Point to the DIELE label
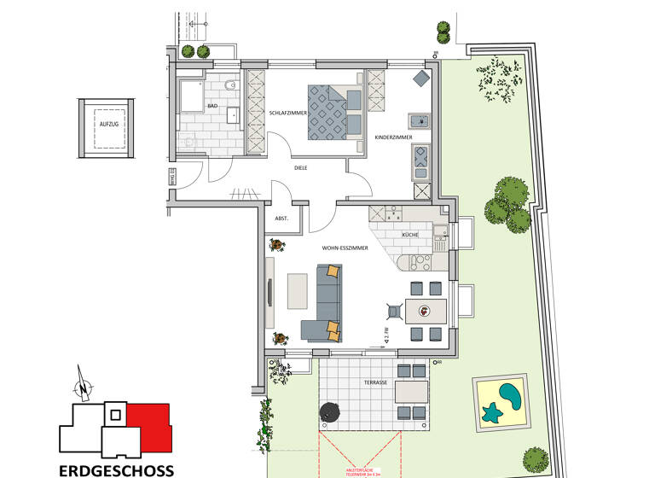click(300, 168)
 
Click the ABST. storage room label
click(281, 219)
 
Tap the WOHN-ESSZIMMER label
click(345, 248)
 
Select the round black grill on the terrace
click(330, 412)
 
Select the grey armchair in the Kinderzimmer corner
click(422, 79)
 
